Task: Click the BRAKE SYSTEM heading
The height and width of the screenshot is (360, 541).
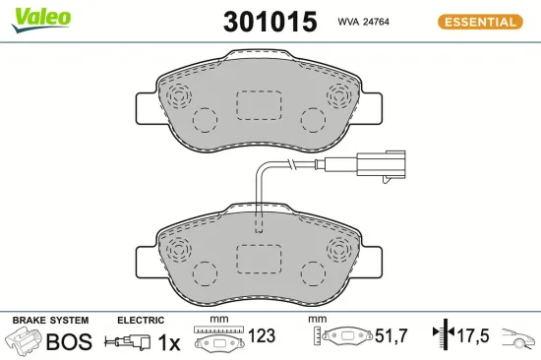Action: tap(49, 321)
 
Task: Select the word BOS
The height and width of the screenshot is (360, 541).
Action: tap(69, 341)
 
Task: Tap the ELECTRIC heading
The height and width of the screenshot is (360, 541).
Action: tap(141, 321)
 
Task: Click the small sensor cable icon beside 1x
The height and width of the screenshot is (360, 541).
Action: tap(129, 342)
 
